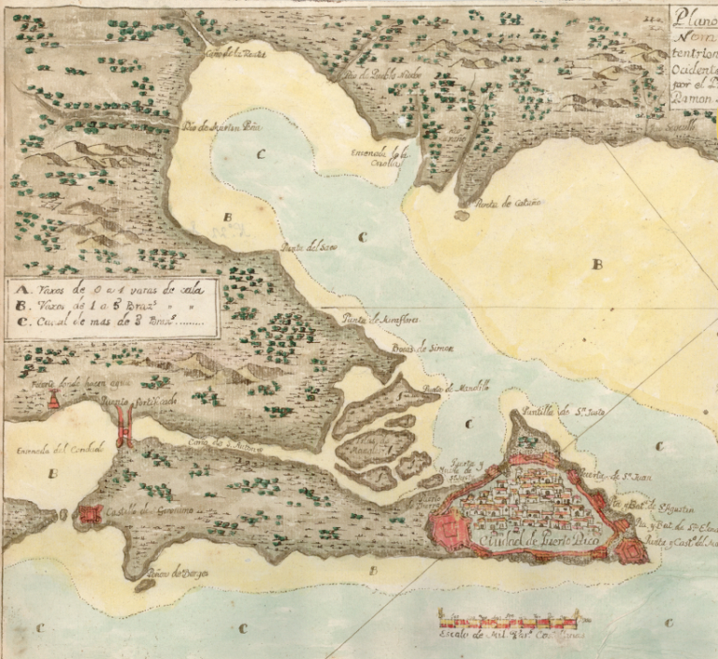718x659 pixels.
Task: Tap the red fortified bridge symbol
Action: pos(123,430)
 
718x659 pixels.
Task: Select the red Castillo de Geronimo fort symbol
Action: pos(90,514)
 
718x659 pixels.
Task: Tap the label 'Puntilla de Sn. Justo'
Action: pos(564,409)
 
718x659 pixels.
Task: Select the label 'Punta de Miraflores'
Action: pos(379,321)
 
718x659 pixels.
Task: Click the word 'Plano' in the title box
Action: pos(693,16)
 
